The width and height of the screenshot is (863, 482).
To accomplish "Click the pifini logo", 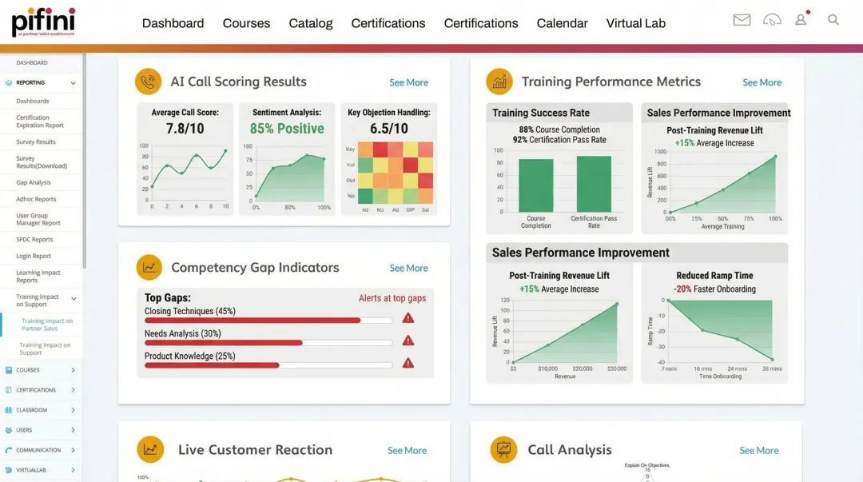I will coord(43,21).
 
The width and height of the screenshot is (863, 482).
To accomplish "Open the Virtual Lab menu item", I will coord(635,23).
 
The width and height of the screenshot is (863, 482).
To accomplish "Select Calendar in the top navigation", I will coord(562,23).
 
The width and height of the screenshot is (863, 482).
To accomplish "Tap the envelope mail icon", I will coord(742,20).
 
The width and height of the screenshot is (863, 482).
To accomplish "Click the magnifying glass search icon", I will coord(833,19).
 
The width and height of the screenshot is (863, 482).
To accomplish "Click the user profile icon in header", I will coord(801,19).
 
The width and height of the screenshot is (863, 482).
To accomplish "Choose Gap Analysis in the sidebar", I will coord(34,182).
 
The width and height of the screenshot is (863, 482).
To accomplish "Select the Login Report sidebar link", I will coord(34,256).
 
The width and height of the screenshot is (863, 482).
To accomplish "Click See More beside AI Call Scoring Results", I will coord(408,82).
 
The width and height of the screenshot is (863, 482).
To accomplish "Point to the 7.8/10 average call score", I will coord(185,129).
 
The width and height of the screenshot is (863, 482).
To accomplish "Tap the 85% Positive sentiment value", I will coord(287,129).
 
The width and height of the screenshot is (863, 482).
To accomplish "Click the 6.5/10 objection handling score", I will coord(388,129).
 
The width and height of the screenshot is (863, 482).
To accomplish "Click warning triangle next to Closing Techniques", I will coord(408,318).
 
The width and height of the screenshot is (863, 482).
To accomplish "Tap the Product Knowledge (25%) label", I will coord(189,356).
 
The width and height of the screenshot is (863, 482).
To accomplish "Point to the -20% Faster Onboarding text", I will coord(714,289).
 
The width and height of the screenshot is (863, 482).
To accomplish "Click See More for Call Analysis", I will coord(758,451).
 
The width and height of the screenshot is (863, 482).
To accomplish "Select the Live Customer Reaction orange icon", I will coord(150,449).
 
